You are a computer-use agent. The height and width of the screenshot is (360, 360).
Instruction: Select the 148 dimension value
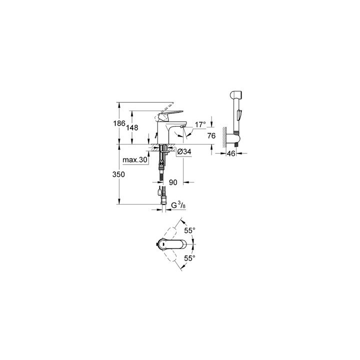tap(132, 128)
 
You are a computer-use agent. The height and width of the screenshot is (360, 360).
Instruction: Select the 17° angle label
tap(200, 124)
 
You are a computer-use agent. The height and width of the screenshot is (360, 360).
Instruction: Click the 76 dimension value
tap(211, 135)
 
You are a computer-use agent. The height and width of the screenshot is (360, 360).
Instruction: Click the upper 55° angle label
tap(189, 230)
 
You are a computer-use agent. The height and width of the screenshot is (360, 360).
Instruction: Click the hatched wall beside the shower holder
tap(224, 137)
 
